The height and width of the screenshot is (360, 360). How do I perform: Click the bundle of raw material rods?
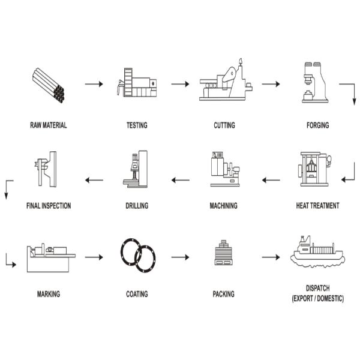(48, 85)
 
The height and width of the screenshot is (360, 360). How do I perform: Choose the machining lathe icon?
(225, 169)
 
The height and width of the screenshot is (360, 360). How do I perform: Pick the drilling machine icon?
(136, 169)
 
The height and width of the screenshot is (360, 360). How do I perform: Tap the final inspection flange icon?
(46, 169)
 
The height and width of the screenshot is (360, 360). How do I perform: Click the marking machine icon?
(51, 257)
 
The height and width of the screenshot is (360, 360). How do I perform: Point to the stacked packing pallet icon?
(224, 253)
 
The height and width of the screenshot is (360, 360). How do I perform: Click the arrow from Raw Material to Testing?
(94, 84)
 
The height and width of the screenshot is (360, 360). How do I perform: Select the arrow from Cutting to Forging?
(271, 84)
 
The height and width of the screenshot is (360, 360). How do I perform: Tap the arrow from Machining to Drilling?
(181, 180)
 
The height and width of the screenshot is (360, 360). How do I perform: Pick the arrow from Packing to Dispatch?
(271, 257)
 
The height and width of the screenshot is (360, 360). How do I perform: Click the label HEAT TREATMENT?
(318, 205)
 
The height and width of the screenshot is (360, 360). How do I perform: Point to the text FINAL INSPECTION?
(49, 206)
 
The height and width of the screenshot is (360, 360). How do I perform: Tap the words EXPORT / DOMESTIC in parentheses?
(318, 298)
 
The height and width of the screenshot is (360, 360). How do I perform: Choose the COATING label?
(137, 294)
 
